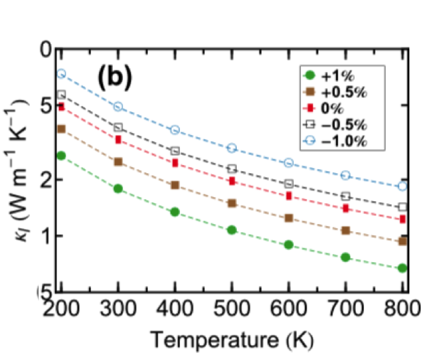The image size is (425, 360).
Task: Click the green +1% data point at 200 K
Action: point(61,156)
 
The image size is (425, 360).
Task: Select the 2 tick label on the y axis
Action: point(48,180)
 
